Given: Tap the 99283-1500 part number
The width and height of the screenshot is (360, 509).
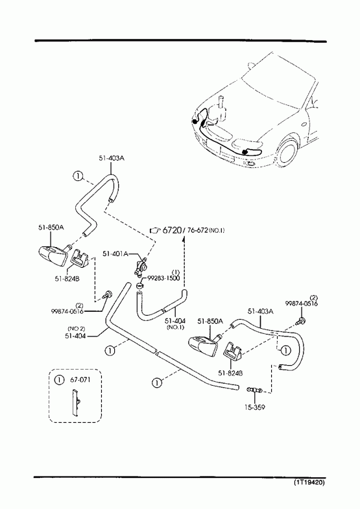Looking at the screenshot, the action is coord(163,278).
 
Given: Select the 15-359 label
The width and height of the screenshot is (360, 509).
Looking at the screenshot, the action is coord(254,407).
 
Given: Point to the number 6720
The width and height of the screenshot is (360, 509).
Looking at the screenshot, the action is coord(171,230).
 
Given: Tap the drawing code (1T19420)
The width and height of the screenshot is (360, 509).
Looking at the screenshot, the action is coord(309,482).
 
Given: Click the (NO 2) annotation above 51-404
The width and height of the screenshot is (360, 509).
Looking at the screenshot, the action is coord(77,329).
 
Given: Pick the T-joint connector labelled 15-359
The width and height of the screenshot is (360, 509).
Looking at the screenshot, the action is coord(254,389).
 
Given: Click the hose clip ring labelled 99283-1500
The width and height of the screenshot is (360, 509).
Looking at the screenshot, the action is coord(139,287).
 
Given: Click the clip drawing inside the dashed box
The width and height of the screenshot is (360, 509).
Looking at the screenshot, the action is coord(75,402).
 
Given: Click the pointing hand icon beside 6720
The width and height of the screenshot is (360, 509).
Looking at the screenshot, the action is coord(156,230).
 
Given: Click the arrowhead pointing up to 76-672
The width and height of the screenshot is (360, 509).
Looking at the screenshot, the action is coord(184,239).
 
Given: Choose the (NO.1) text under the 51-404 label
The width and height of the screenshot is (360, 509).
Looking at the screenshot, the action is coord(175,327).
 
